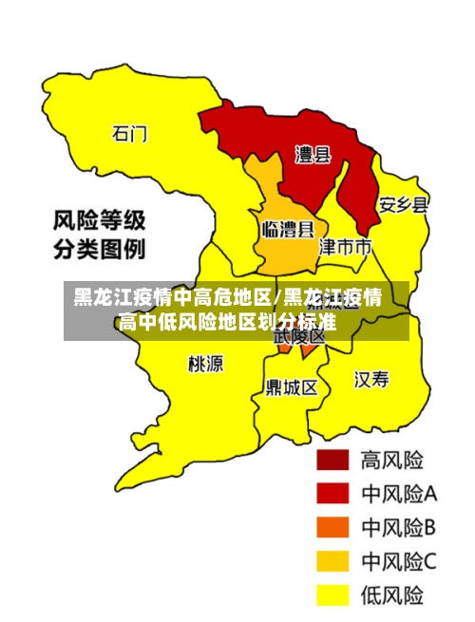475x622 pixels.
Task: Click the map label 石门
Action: pos(130,134)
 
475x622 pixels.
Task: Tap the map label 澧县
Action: pos(313,155)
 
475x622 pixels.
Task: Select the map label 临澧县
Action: pos(288,229)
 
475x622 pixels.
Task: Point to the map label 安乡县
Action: pos(403,205)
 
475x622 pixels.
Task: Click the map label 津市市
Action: pos(344,248)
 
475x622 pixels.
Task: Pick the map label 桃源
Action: pos(206,363)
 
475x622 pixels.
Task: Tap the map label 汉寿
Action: pos(371,380)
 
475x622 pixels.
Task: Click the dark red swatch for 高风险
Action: pos(332,461)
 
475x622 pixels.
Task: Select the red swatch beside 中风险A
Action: pos(332,494)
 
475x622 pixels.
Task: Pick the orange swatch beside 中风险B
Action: pos(332,527)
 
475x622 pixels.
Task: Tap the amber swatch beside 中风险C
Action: pos(332,561)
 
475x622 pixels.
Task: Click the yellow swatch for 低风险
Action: pos(332,595)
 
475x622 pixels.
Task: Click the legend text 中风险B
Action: pos(398,527)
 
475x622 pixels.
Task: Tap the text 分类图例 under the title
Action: pos(99,251)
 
